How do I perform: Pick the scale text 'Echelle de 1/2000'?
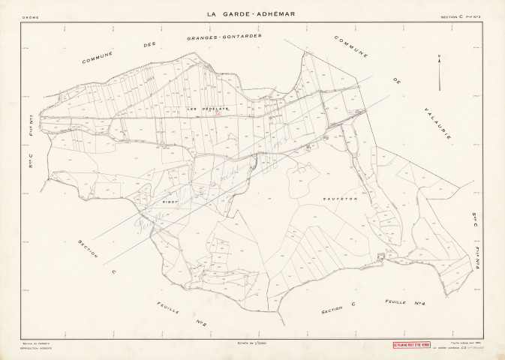pyautogui.click(x=252, y=343)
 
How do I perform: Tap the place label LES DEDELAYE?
pyautogui.click(x=202, y=110)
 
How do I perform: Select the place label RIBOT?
pyautogui.click(x=169, y=201)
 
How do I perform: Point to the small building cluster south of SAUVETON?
pyautogui.click(x=380, y=258)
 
